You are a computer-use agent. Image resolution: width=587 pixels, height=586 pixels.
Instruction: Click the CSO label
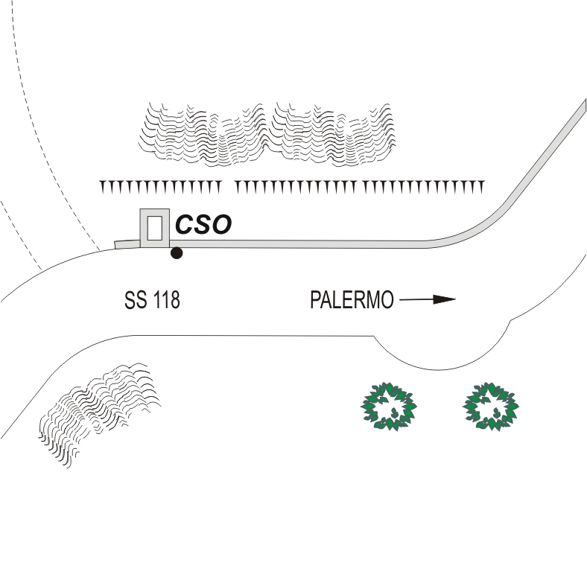(203, 225)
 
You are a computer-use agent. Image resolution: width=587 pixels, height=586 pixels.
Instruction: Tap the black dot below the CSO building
(177, 253)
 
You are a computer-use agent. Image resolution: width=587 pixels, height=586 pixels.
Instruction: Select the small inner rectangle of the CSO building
(154, 227)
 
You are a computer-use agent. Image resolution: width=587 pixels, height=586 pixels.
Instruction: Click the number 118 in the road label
(165, 301)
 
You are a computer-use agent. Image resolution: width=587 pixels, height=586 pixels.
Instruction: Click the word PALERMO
(351, 301)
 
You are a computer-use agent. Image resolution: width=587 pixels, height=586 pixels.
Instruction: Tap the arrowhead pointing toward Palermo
(445, 300)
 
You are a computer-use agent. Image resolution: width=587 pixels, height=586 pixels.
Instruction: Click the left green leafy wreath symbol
(388, 405)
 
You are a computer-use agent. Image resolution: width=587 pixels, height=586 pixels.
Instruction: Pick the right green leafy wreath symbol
(490, 405)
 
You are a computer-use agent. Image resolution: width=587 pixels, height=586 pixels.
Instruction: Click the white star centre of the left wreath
(388, 406)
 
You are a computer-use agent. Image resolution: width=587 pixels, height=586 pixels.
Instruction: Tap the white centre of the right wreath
(490, 406)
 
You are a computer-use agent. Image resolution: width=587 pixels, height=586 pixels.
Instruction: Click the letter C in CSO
(184, 225)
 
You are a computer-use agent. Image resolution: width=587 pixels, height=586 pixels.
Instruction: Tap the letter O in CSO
(221, 225)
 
